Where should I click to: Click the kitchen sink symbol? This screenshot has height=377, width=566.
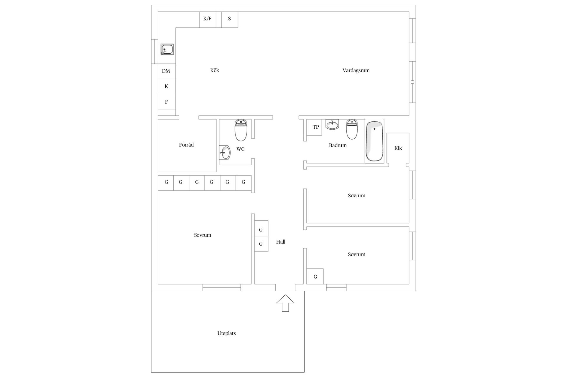pos(167,49)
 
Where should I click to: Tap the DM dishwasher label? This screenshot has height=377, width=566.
pos(166,71)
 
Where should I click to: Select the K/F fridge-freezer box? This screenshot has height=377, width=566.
pos(208,20)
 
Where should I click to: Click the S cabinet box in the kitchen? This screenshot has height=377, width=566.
pos(230,20)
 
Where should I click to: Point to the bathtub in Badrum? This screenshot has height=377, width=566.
pos(374,141)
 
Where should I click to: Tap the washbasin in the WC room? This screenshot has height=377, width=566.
pos(225,153)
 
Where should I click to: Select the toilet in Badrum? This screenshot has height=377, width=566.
pos(352,129)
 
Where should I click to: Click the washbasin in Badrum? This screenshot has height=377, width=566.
pos(332,124)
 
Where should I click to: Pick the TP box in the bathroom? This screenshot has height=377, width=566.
pos(314,127)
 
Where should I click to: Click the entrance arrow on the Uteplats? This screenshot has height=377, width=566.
pos(285,303)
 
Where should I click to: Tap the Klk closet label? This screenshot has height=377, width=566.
pos(398,148)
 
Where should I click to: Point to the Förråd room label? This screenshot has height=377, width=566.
pos(186,145)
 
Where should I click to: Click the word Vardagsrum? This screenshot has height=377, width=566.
pos(356,70)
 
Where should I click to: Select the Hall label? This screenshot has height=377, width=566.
pos(281,242)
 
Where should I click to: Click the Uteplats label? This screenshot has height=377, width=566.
pos(227,333)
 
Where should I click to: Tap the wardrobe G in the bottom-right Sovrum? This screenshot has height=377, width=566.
pos(315,276)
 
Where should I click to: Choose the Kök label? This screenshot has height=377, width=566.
pos(215,70)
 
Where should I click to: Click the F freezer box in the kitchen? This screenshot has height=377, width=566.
pos(167,102)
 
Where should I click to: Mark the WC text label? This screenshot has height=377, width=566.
pos(241,149)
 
